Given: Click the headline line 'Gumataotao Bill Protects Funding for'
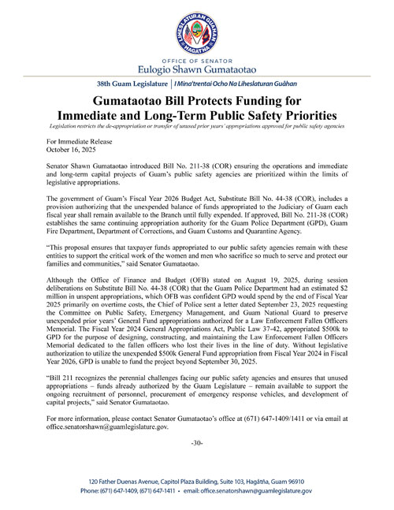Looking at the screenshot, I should click(196, 102).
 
